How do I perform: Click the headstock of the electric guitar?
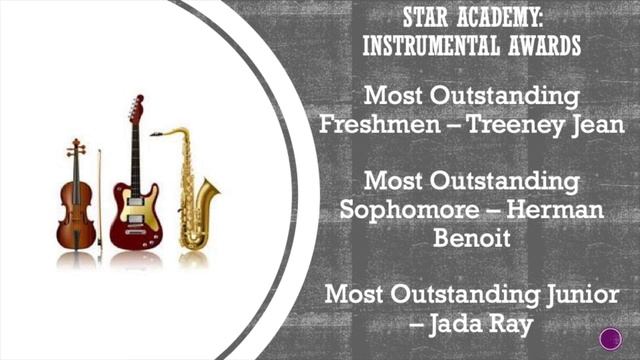136,108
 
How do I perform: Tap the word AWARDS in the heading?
545,46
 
